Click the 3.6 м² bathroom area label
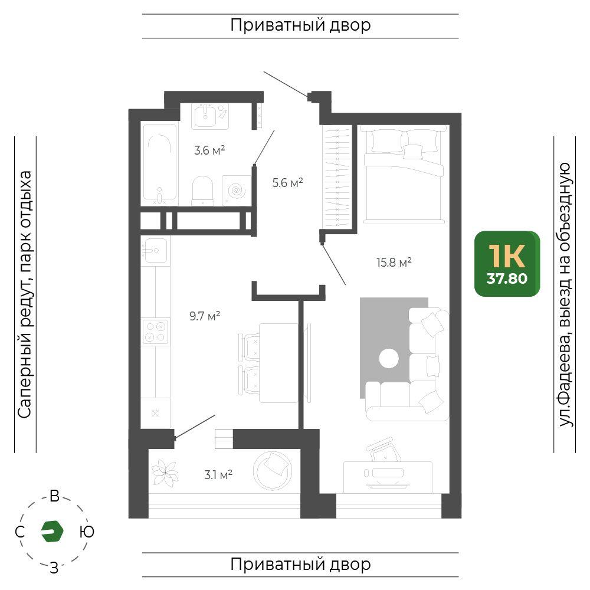pyautogui.click(x=209, y=150)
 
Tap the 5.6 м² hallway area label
pyautogui.click(x=287, y=183)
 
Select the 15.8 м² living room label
pyautogui.click(x=394, y=263)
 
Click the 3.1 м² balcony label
pyautogui.click(x=218, y=475)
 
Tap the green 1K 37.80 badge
pyautogui.click(x=507, y=264)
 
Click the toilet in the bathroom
pyautogui.click(x=203, y=191)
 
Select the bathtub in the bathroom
pyautogui.click(x=160, y=163)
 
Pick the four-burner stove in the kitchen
pyautogui.click(x=155, y=332)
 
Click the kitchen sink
pyautogui.click(x=155, y=250)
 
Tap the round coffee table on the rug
pyautogui.click(x=389, y=358)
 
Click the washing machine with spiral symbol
pyautogui.click(x=237, y=191)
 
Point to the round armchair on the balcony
pyautogui.click(x=273, y=471)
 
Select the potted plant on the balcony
pyautogui.click(x=165, y=472)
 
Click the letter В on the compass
pyautogui.click(x=54, y=496)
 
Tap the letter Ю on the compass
pyautogui.click(x=87, y=532)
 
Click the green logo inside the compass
pyautogui.click(x=52, y=532)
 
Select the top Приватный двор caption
pyautogui.click(x=300, y=25)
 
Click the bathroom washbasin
pyautogui.click(x=205, y=116)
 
